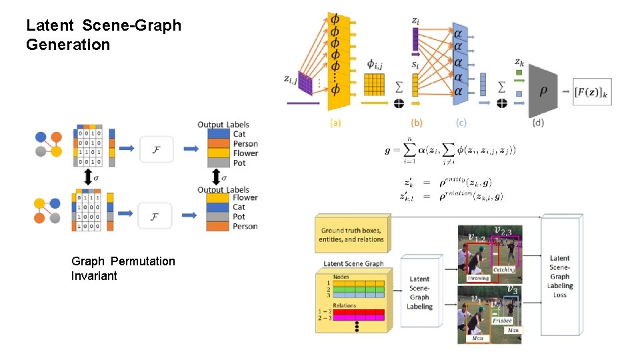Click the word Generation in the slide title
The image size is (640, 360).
click(68, 45)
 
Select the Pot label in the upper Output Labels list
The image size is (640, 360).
click(239, 163)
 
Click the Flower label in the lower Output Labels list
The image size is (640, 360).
click(245, 198)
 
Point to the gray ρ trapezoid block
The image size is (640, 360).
click(543, 90)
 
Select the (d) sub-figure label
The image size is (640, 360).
click(539, 123)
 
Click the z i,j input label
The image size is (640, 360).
click(290, 80)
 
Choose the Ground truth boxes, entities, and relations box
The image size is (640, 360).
click(353, 235)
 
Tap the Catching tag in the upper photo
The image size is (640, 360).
click(503, 270)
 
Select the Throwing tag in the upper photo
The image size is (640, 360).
click(477, 278)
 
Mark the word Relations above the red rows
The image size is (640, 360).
click(344, 305)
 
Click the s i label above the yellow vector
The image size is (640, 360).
click(415, 65)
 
